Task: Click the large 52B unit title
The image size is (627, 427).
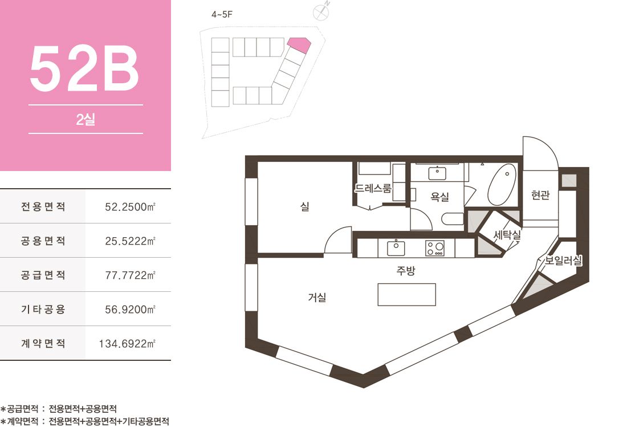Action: pos(84,69)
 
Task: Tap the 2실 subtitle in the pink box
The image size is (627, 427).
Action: pos(85,120)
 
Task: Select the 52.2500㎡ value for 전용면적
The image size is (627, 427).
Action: pos(130,207)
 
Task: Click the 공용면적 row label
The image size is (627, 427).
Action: pos(43,241)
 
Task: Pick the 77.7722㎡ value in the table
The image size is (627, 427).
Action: pos(130,275)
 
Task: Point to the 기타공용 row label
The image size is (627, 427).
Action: pos(43,309)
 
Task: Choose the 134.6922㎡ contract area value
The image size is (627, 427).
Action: pos(127,343)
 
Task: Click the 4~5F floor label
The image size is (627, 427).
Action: pos(222,15)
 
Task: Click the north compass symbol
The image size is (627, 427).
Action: pos(321,12)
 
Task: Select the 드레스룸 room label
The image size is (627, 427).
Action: pos(373,188)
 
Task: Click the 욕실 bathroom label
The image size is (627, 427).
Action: pos(439,196)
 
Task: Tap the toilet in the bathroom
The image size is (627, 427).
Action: pos(453,219)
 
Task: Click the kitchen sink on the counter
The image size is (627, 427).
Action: pos(396,248)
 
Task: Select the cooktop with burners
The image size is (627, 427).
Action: pos(435,248)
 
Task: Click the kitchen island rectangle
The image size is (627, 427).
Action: pos(406,295)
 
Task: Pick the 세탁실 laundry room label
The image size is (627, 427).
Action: pos(507,235)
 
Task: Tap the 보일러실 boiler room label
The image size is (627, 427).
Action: pos(563,261)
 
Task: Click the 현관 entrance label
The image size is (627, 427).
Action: pos(540,195)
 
